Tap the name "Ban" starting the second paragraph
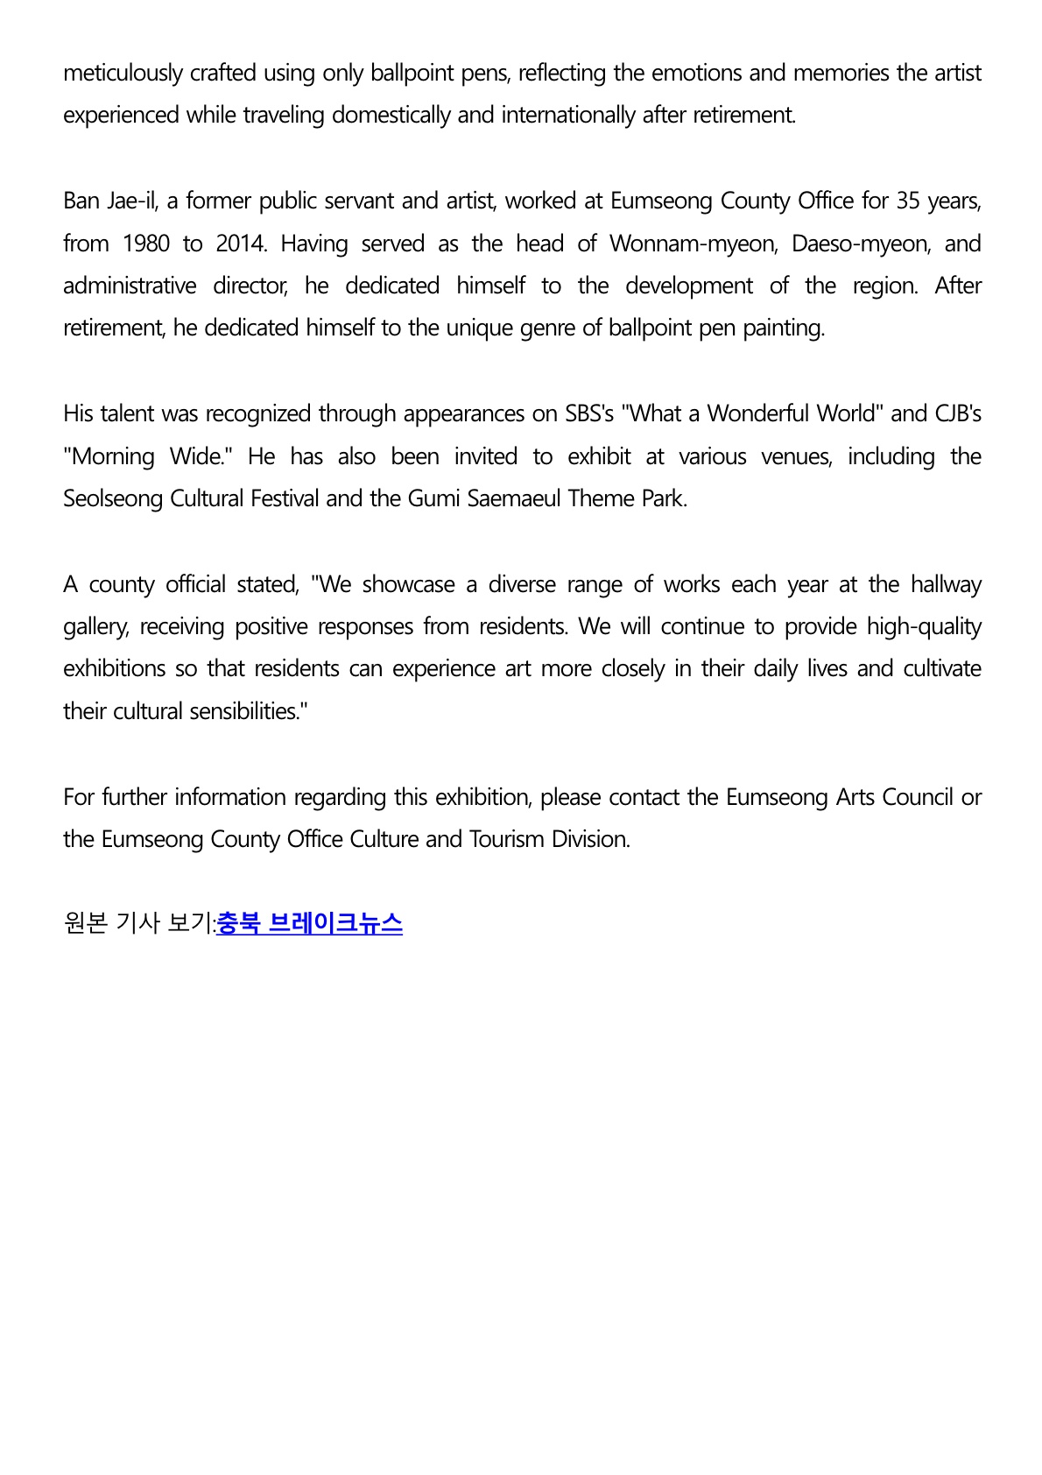pyautogui.click(x=81, y=201)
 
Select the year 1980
pyautogui.click(x=146, y=243)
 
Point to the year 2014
pyautogui.click(x=240, y=243)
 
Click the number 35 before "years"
pyautogui.click(x=908, y=201)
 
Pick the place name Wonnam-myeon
pyautogui.click(x=693, y=243)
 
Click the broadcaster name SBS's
pyautogui.click(x=589, y=413)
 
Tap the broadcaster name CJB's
pyautogui.click(x=958, y=413)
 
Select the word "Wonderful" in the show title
pyautogui.click(x=761, y=413)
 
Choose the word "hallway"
pyautogui.click(x=946, y=584)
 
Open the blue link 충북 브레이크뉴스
pyautogui.click(x=309, y=923)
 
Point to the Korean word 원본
pyautogui.click(x=86, y=923)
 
